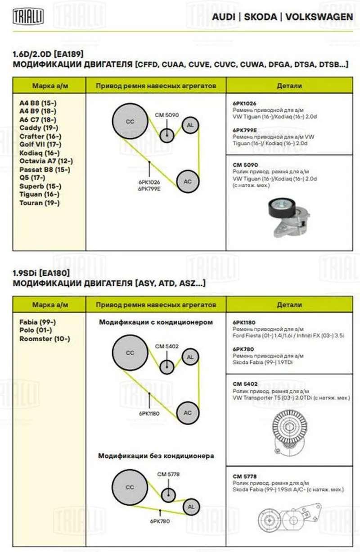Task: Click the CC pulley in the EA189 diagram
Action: (x=130, y=122)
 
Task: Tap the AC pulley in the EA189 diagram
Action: (x=188, y=181)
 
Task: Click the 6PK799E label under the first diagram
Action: (x=149, y=189)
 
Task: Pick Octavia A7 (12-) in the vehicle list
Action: (x=46, y=161)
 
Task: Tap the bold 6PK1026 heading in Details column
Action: (x=244, y=103)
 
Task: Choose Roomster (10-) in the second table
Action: (x=45, y=339)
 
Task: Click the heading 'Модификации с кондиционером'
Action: (x=156, y=322)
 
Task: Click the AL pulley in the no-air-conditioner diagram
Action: (x=191, y=507)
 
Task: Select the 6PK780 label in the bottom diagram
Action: (x=160, y=521)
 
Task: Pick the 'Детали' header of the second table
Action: (x=289, y=305)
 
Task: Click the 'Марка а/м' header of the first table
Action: (x=50, y=86)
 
